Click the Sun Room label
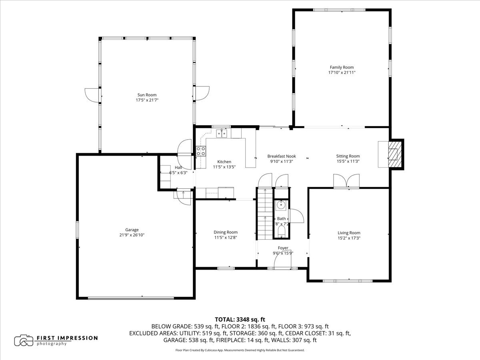tap(147, 95)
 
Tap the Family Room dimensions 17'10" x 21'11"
tap(342, 72)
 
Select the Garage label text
tap(132, 230)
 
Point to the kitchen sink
tap(222, 133)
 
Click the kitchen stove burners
tap(201, 151)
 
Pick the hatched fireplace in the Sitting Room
tap(395, 154)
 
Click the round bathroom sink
tap(280, 205)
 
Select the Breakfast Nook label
tap(282, 156)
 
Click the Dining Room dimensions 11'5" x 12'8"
tap(226, 237)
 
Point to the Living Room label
tap(349, 233)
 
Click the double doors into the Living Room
tap(346, 181)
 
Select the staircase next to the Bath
tap(265, 214)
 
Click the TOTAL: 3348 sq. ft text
tap(240, 320)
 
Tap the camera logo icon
tap(24, 340)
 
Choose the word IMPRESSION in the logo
tap(77, 338)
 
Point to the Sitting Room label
tap(348, 156)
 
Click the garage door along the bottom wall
tap(131, 298)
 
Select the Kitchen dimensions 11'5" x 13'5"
tap(224, 167)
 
